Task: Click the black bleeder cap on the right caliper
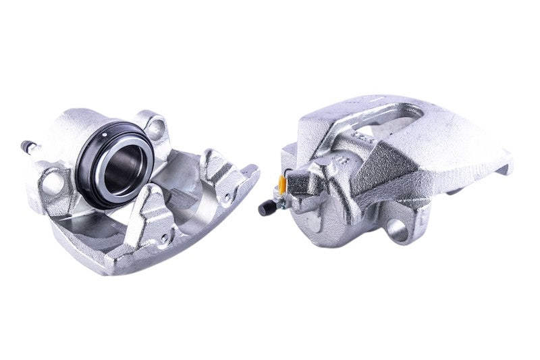[x=264, y=209]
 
